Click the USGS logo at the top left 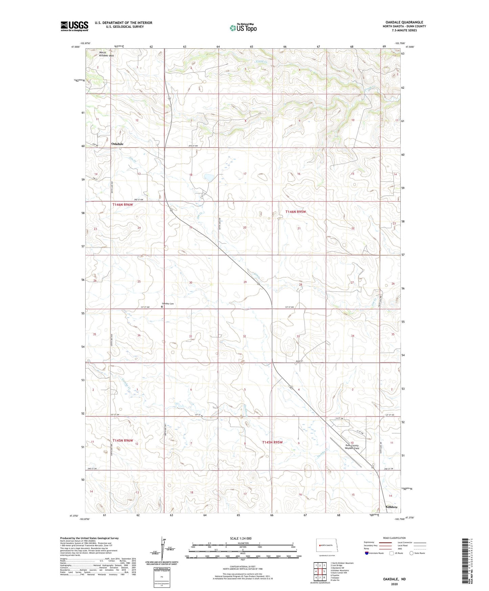click(74, 26)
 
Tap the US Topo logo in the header click(243, 28)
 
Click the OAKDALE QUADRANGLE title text click(404, 22)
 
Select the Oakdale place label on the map click(117, 144)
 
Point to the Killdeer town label click(392, 507)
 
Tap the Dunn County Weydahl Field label click(352, 447)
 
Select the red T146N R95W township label click(295, 212)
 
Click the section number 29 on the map click(245, 282)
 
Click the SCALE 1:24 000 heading click(240, 539)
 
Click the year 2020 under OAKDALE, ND click(394, 584)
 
